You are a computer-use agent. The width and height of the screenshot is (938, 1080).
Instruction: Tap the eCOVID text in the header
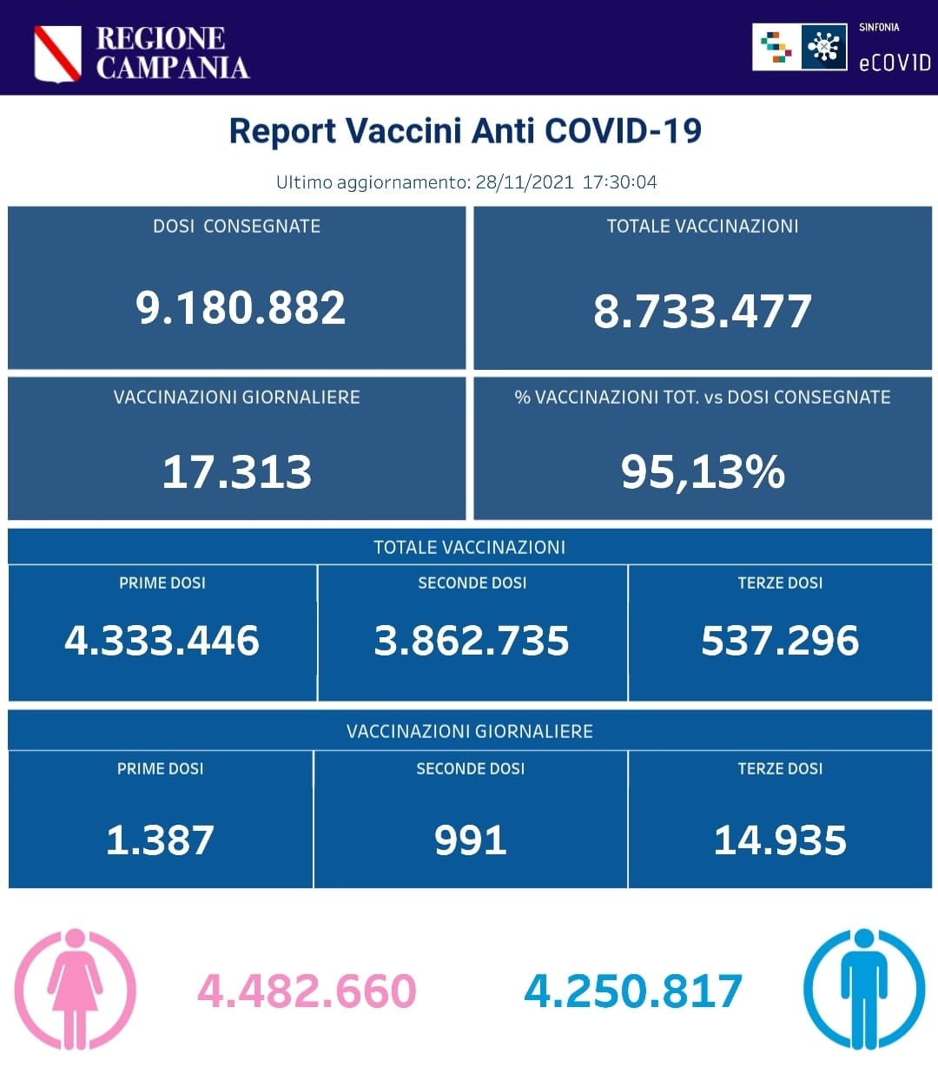894,63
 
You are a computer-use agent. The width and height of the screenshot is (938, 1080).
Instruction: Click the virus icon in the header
823,47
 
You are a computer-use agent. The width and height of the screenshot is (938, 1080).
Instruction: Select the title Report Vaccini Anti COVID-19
465,131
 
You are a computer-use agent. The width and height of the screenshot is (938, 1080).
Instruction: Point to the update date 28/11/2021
525,182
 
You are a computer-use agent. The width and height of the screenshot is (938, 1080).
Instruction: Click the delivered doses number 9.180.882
241,308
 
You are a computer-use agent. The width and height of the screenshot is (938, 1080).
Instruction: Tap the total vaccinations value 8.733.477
702,311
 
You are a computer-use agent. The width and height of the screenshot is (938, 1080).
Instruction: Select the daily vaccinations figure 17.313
236,472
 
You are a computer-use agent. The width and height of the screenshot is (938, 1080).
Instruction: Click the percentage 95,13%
703,472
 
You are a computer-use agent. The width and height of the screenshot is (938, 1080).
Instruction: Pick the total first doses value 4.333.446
162,641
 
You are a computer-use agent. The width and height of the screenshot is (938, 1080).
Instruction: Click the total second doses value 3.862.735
472,641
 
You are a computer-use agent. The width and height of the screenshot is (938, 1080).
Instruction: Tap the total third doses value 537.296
780,641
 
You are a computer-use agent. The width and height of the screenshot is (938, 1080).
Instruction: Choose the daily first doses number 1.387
160,840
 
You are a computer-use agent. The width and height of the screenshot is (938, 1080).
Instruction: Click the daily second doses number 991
470,840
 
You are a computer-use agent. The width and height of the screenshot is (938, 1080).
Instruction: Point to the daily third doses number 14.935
780,840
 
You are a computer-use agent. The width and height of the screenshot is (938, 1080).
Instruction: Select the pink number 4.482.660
307,991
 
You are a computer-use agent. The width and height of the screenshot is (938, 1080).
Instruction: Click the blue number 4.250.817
633,991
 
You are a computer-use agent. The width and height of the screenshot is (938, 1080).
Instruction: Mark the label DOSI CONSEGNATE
236,227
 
